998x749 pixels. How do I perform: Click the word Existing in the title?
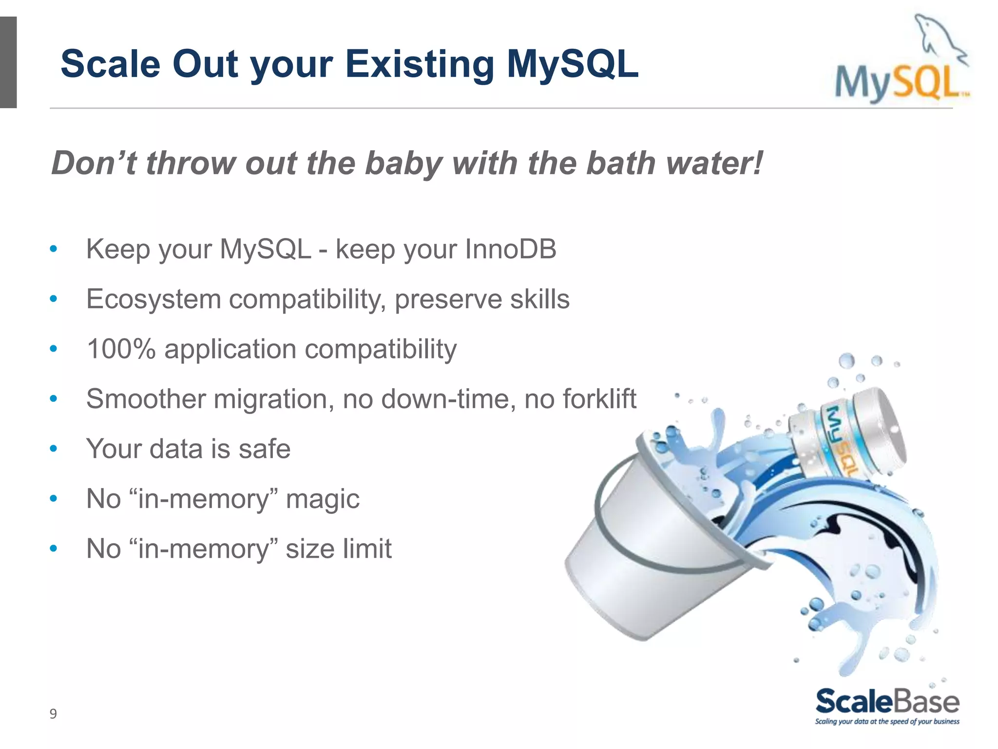[x=419, y=64]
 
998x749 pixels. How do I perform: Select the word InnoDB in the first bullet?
[x=510, y=249]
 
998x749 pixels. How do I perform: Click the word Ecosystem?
[x=154, y=299]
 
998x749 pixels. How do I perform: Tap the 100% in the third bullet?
[x=121, y=349]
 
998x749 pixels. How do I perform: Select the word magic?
[x=322, y=499]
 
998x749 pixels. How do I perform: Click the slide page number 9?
[x=53, y=714]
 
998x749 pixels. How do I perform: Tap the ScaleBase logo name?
[x=887, y=702]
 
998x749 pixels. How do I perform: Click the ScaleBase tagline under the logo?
[x=887, y=722]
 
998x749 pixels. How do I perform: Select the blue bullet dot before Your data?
[x=54, y=449]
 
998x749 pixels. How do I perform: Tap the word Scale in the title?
[x=110, y=64]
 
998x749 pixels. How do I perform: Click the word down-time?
[x=448, y=399]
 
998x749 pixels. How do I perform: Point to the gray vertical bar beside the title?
[x=8, y=62]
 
